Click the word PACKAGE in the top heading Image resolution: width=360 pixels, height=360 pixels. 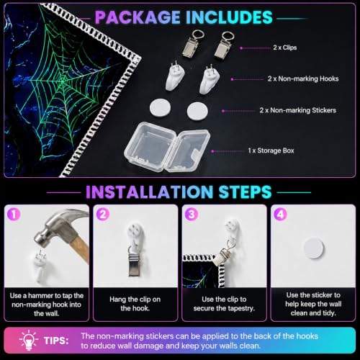[x=138, y=17]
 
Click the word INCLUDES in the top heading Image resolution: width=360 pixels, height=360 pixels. [x=229, y=17]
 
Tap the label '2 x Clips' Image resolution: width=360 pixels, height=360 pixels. [x=285, y=48]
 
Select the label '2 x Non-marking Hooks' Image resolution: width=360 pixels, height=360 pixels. [x=303, y=78]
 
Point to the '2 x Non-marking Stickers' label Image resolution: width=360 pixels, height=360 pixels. [x=298, y=110]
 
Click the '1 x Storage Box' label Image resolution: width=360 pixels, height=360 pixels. [x=271, y=150]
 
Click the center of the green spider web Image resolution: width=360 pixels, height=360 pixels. [x=63, y=81]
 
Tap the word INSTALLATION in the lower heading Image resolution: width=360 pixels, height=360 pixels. [x=149, y=192]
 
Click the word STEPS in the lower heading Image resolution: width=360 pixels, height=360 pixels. [x=245, y=192]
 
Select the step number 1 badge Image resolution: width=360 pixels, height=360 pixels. [x=14, y=214]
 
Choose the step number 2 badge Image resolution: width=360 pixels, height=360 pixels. [x=102, y=214]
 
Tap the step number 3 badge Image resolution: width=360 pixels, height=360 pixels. [x=192, y=214]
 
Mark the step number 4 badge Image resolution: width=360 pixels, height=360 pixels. [x=280, y=214]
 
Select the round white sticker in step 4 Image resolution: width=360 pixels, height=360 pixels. [x=314, y=248]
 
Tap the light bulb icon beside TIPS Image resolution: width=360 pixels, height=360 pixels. [x=29, y=341]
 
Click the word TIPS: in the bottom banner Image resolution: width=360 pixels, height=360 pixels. [x=56, y=341]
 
